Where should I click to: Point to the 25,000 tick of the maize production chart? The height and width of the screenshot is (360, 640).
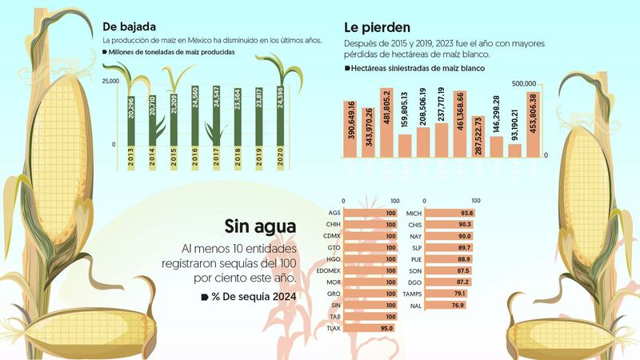pos(110,81)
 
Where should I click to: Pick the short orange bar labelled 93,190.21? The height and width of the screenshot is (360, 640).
pos(515,150)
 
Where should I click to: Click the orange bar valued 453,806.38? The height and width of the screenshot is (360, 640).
pos(534,124)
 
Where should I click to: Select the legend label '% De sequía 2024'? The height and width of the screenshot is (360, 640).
pos(254,298)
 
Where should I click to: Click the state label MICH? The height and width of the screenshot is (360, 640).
pos(414,213)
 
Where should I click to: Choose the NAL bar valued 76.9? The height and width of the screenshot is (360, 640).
pos(445,305)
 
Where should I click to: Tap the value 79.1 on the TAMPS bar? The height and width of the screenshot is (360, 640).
pos(458,294)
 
